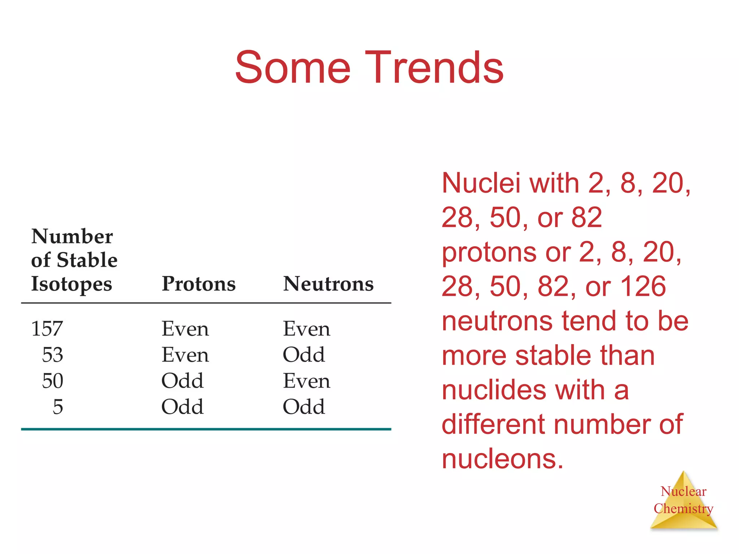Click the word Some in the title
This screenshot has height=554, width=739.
coord(293,68)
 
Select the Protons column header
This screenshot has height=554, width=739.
coord(198,284)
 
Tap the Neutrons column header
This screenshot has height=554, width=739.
coord(328,284)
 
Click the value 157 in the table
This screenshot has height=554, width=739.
coord(47,329)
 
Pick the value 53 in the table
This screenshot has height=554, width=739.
coord(53,355)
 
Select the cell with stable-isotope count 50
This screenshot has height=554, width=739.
coord(53,381)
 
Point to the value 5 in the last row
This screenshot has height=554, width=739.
coord(58,407)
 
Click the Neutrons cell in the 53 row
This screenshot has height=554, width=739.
coord(304,355)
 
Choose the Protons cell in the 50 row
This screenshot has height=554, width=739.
coord(182,381)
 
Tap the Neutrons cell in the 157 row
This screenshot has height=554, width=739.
coord(306,329)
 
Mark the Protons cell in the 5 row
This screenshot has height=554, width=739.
coord(182,407)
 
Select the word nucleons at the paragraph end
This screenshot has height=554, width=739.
coord(502,459)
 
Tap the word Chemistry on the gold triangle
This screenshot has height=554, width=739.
coord(683,509)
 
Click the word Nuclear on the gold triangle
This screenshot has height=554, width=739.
coord(683,492)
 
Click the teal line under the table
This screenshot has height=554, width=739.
coord(206,429)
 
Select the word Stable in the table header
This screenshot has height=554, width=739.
coord(87,260)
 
